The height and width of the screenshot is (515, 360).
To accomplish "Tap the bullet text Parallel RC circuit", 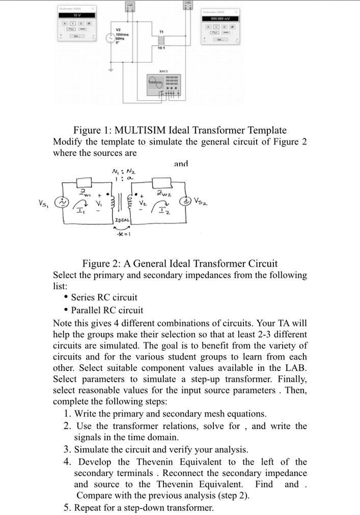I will (107, 310).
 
